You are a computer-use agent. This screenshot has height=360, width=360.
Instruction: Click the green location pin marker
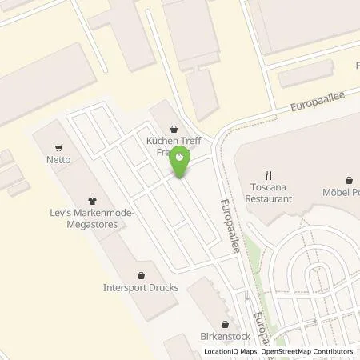point(182,161)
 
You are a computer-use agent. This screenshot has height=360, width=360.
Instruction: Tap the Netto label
point(58,159)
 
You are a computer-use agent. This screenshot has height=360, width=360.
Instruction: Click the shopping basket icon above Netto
point(58,147)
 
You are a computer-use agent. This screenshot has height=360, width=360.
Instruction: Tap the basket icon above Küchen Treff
point(174,127)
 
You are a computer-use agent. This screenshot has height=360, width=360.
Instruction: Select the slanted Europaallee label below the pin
point(230,225)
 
